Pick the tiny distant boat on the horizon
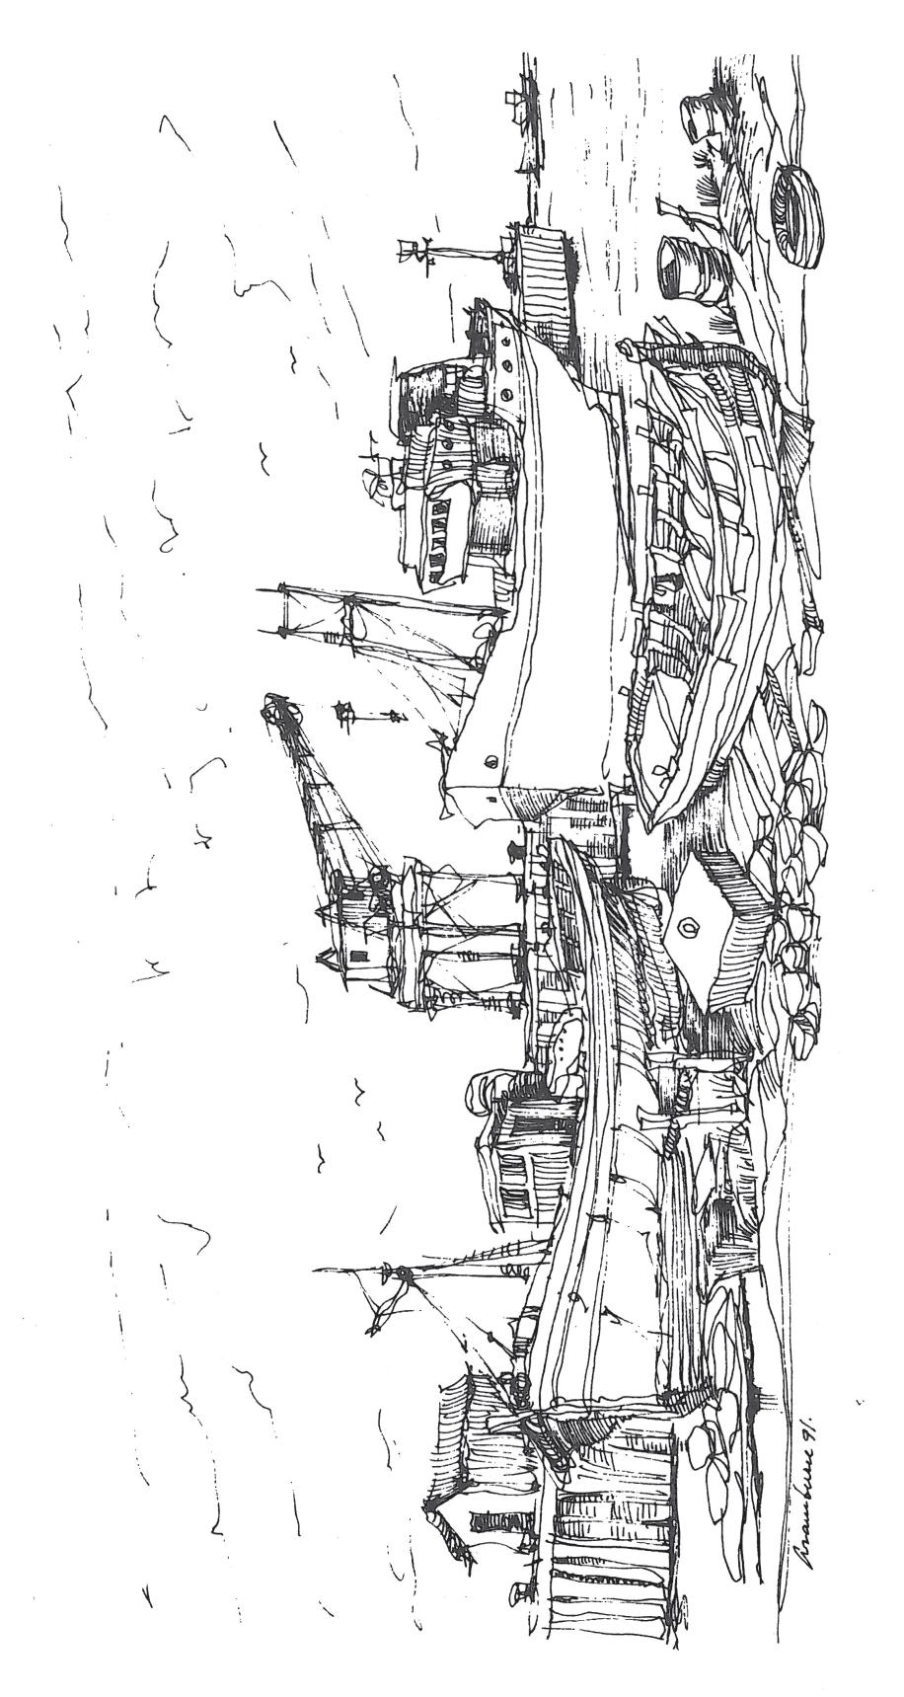click(517, 99)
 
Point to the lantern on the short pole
click(345, 711)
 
